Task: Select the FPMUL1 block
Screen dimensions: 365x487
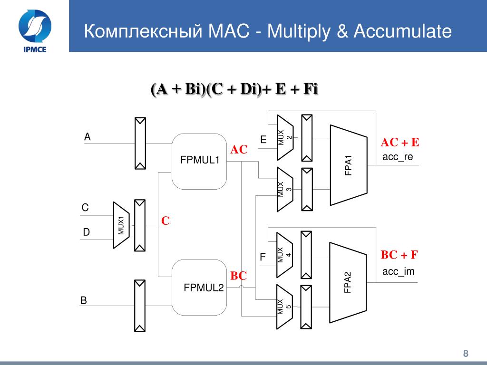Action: (199, 161)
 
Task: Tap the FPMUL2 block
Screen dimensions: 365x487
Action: (200, 287)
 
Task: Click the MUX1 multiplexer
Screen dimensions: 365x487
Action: (121, 225)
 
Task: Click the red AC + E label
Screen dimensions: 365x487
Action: (400, 143)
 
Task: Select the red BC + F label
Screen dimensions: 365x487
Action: (399, 255)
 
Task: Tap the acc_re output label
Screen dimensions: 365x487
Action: (398, 157)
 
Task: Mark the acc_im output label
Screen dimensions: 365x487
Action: (398, 272)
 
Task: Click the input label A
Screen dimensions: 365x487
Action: (87, 137)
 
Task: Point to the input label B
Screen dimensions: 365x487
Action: (83, 300)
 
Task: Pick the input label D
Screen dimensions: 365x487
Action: (86, 232)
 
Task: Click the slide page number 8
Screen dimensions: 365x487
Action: (466, 353)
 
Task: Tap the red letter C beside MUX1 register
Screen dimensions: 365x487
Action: (165, 221)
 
